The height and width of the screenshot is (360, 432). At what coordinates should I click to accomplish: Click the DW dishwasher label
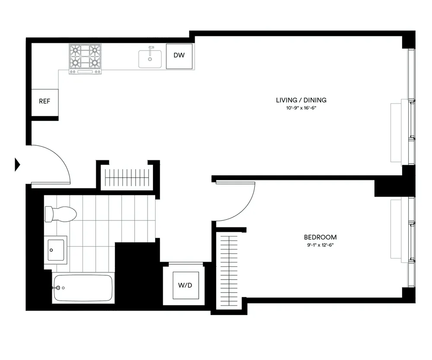179,55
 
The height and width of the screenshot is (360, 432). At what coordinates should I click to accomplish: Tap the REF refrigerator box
44,102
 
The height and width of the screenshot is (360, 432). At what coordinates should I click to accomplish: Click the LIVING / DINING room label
301,100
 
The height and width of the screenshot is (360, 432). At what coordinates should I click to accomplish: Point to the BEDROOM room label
320,237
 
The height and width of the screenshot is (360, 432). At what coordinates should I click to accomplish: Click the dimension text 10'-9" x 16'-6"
301,108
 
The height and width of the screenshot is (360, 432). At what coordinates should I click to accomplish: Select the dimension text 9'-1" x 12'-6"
320,245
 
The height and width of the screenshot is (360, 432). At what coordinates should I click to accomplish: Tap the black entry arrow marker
18,164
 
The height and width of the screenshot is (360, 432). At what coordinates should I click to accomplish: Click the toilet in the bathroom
60,213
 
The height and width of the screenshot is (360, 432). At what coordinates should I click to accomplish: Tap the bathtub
83,288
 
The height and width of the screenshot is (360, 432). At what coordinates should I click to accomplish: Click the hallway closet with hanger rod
127,177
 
